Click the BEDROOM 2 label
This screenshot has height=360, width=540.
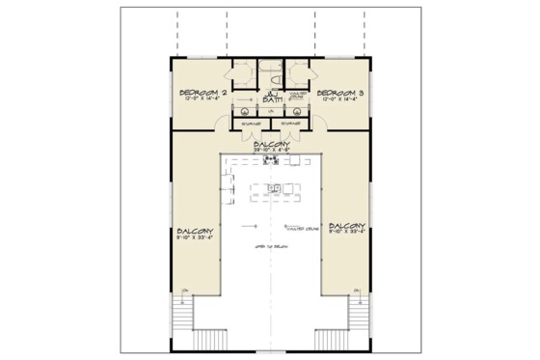coord(202,93)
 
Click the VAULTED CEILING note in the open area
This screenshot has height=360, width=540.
coord(302,229)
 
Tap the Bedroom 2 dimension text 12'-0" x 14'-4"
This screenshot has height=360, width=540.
coord(202,101)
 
